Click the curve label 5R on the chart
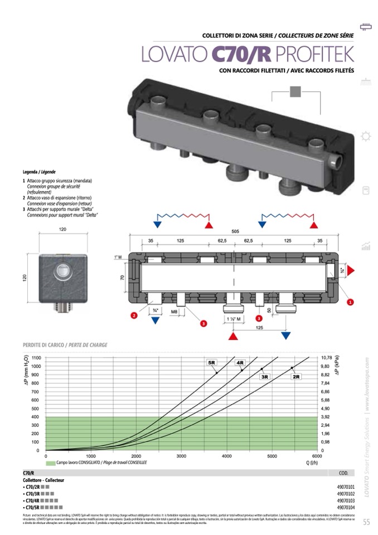212,363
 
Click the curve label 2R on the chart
296,377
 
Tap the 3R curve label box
265,377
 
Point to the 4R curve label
240,363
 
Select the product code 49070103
346,501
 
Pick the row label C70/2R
32,487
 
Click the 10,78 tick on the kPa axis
327,358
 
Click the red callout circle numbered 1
350,302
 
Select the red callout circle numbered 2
134,316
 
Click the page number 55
366,522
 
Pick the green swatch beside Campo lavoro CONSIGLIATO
50,463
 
